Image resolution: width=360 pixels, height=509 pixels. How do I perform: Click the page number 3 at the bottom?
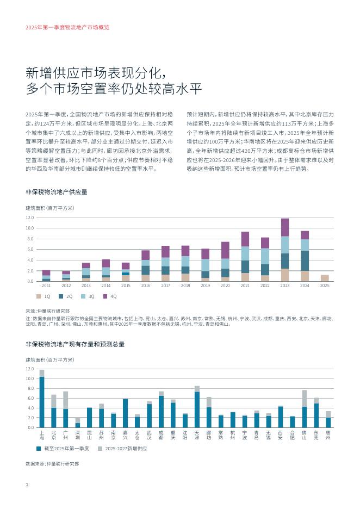click(27, 485)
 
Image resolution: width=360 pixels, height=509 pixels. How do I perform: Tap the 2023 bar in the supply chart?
click(285, 250)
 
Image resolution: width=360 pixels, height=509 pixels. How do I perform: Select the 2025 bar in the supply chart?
click(325, 278)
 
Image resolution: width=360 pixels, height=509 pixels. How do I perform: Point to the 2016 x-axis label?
click(146, 285)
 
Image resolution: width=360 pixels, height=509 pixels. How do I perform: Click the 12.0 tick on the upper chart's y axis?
click(29, 218)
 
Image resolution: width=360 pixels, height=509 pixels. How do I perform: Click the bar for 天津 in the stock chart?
click(197, 407)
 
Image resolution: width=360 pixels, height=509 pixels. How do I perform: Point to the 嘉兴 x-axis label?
click(125, 434)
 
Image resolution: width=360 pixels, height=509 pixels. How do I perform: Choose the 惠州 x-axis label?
click(328, 434)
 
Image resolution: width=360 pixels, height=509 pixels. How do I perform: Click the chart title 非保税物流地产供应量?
click(56, 192)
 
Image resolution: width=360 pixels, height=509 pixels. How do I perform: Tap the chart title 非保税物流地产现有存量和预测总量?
click(75, 344)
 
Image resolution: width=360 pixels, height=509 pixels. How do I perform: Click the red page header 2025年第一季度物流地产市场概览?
click(67, 27)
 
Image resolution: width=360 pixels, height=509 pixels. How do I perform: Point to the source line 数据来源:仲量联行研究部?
click(52, 464)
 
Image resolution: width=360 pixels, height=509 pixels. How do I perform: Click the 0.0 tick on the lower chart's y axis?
click(29, 427)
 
